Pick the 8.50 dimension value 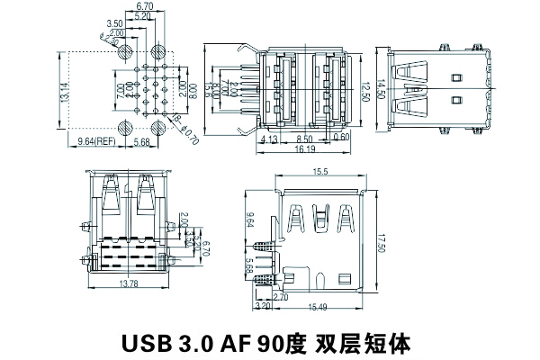click(303, 138)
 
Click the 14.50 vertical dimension click(382, 91)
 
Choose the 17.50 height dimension click(381, 243)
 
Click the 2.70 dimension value click(280, 295)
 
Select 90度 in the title click(283, 342)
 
